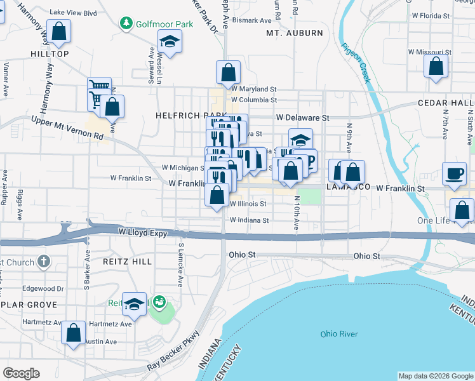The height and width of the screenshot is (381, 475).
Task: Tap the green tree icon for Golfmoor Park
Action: pos(126,23)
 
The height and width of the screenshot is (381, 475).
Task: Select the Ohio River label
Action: pos(338,334)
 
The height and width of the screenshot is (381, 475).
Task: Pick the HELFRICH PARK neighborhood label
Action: pos(182,116)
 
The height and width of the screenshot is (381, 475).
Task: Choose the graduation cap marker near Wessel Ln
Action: pos(170,43)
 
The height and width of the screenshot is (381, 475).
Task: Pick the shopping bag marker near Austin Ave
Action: pos(74,333)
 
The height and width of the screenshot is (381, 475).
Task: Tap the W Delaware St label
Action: pos(302,117)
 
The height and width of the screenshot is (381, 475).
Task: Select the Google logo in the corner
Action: pos(21,373)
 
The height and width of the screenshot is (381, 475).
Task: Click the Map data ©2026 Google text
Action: pos(435,376)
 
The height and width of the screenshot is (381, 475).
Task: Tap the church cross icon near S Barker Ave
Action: pos(43,261)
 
